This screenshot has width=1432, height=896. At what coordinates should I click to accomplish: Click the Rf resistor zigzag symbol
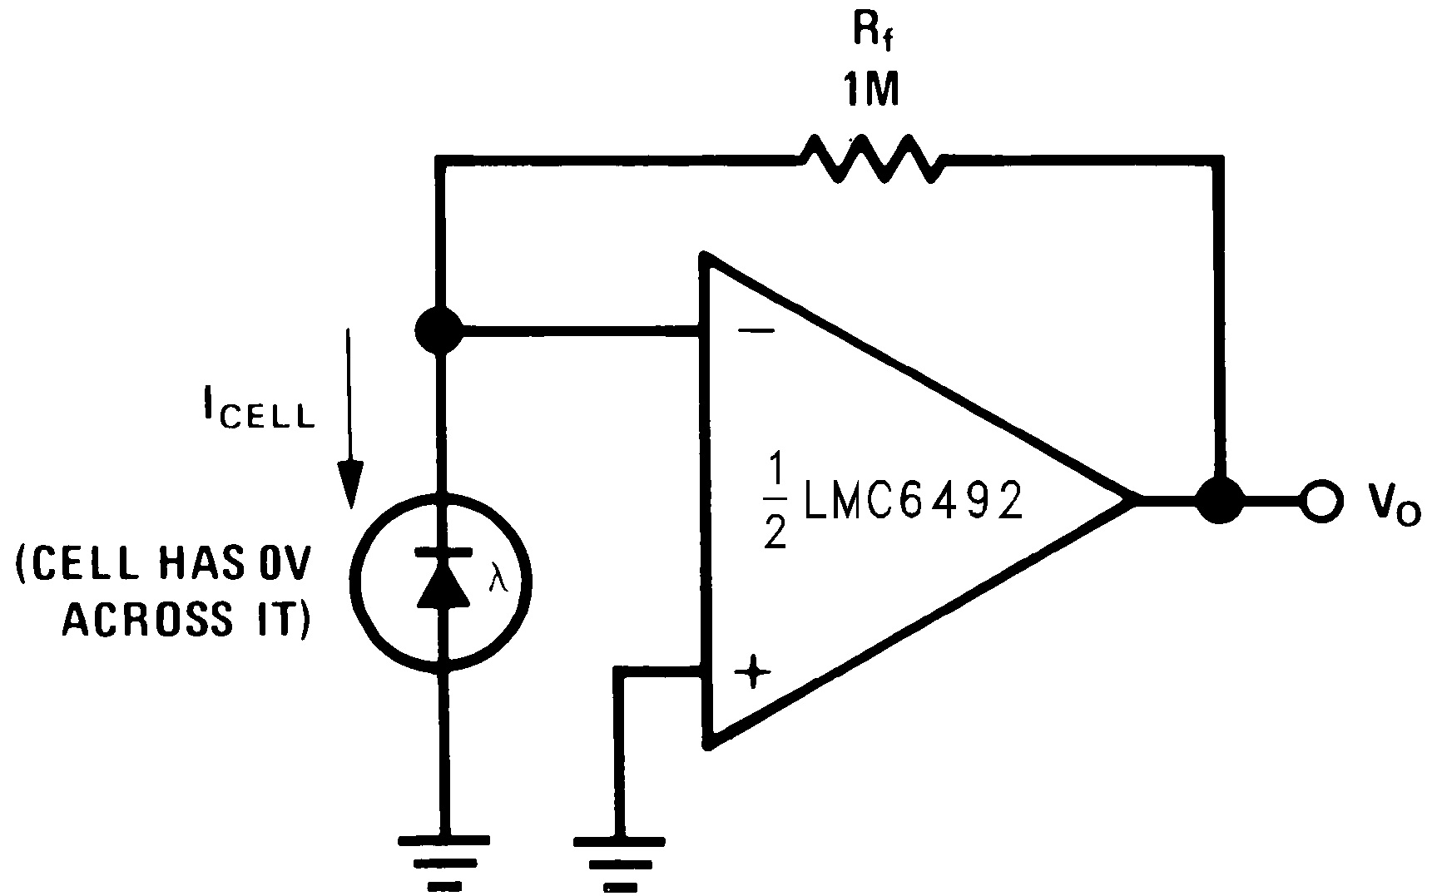tap(870, 159)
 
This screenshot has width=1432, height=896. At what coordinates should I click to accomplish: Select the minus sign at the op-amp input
tap(756, 332)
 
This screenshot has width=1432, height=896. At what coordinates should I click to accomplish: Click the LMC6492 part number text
tap(912, 501)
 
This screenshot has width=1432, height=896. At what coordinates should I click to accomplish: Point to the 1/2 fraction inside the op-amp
tap(774, 502)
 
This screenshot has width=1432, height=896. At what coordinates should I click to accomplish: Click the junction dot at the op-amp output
tap(1220, 500)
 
